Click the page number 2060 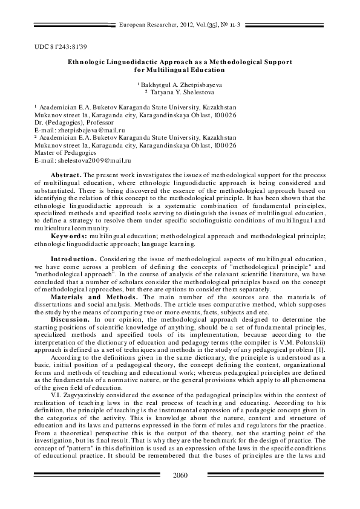(180, 475)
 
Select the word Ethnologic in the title (87, 62)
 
